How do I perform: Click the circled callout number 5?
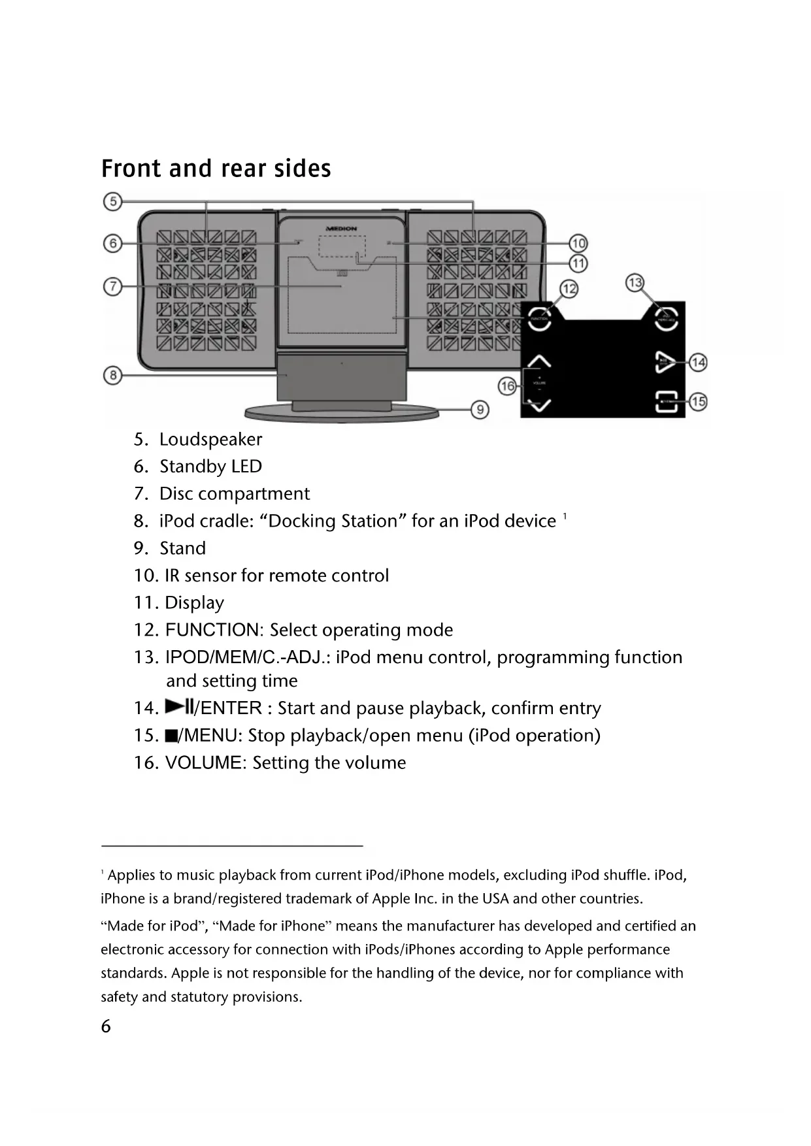pyautogui.click(x=112, y=201)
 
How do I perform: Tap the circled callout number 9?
pyautogui.click(x=480, y=410)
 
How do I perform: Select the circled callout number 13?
pyautogui.click(x=635, y=283)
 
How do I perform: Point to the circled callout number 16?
pyautogui.click(x=507, y=386)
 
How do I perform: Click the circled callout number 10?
pyautogui.click(x=578, y=244)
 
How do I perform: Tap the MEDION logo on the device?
pyautogui.click(x=341, y=229)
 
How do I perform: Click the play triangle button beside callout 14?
pyautogui.click(x=665, y=362)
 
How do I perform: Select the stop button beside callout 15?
pyautogui.click(x=666, y=402)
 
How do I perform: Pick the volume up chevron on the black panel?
pyautogui.click(x=539, y=361)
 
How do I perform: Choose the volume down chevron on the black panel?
pyautogui.click(x=539, y=405)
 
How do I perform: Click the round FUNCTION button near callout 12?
pyautogui.click(x=539, y=318)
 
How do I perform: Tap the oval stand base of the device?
pyautogui.click(x=341, y=413)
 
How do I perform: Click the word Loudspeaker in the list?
pyautogui.click(x=210, y=440)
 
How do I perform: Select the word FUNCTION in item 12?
pyautogui.click(x=212, y=630)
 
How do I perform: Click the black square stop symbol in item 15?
pyautogui.click(x=171, y=736)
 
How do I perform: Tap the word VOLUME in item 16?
pyautogui.click(x=203, y=763)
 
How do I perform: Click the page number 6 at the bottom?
pyautogui.click(x=106, y=1026)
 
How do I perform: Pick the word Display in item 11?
pyautogui.click(x=194, y=603)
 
